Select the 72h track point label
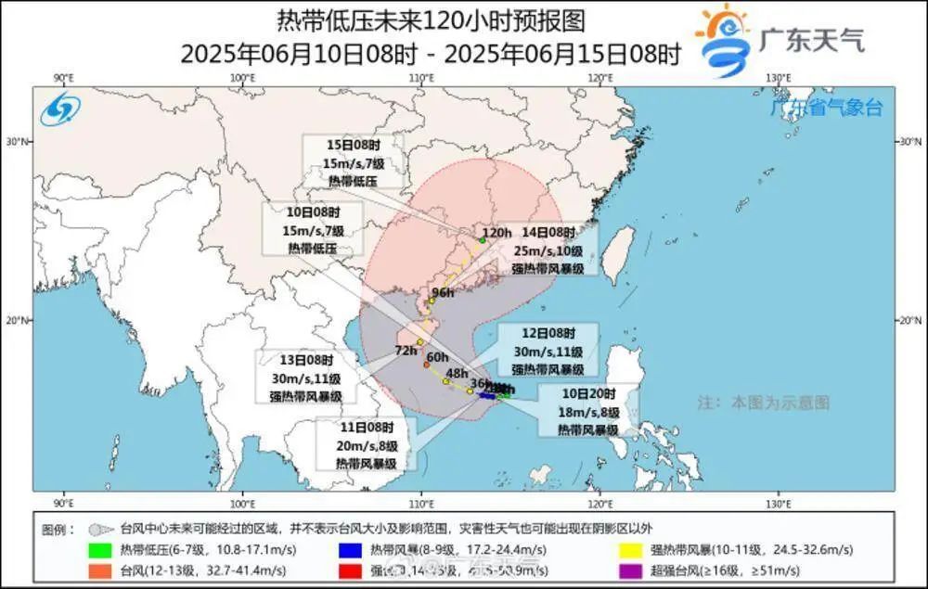[406, 351]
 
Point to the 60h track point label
[437, 356]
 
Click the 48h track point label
[457, 373]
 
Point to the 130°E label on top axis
[780, 78]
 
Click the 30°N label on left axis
[19, 141]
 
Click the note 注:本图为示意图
[763, 403]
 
